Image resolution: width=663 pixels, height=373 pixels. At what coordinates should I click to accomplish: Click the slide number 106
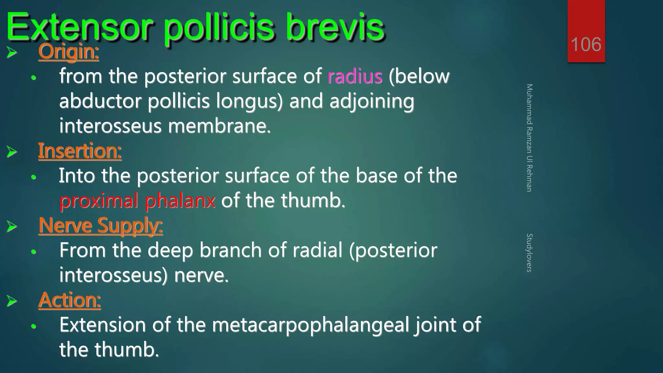(x=586, y=44)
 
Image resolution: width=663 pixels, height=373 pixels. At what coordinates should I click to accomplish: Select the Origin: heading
(x=68, y=52)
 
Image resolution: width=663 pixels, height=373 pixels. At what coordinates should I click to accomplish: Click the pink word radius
(x=355, y=77)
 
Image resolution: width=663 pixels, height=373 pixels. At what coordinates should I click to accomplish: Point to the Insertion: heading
(x=80, y=151)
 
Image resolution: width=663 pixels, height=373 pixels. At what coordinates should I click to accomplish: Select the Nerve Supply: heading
(x=100, y=226)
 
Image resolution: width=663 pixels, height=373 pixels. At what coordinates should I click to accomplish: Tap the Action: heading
(x=69, y=300)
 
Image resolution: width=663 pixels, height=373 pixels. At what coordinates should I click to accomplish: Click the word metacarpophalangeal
(x=310, y=325)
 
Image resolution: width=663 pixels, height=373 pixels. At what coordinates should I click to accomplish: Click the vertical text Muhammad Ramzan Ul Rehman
(x=529, y=138)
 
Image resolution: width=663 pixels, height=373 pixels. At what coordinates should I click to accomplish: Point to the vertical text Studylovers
(x=529, y=253)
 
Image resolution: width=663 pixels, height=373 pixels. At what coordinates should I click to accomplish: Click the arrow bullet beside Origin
(x=12, y=52)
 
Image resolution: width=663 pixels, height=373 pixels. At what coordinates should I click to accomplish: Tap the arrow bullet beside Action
(x=12, y=301)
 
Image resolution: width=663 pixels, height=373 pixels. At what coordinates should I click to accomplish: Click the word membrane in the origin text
(x=219, y=126)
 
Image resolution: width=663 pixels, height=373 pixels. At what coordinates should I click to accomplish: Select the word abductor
(x=100, y=101)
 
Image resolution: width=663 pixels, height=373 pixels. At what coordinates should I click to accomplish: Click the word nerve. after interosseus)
(x=201, y=276)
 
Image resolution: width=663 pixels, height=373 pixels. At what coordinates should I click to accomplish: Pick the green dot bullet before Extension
(x=33, y=326)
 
